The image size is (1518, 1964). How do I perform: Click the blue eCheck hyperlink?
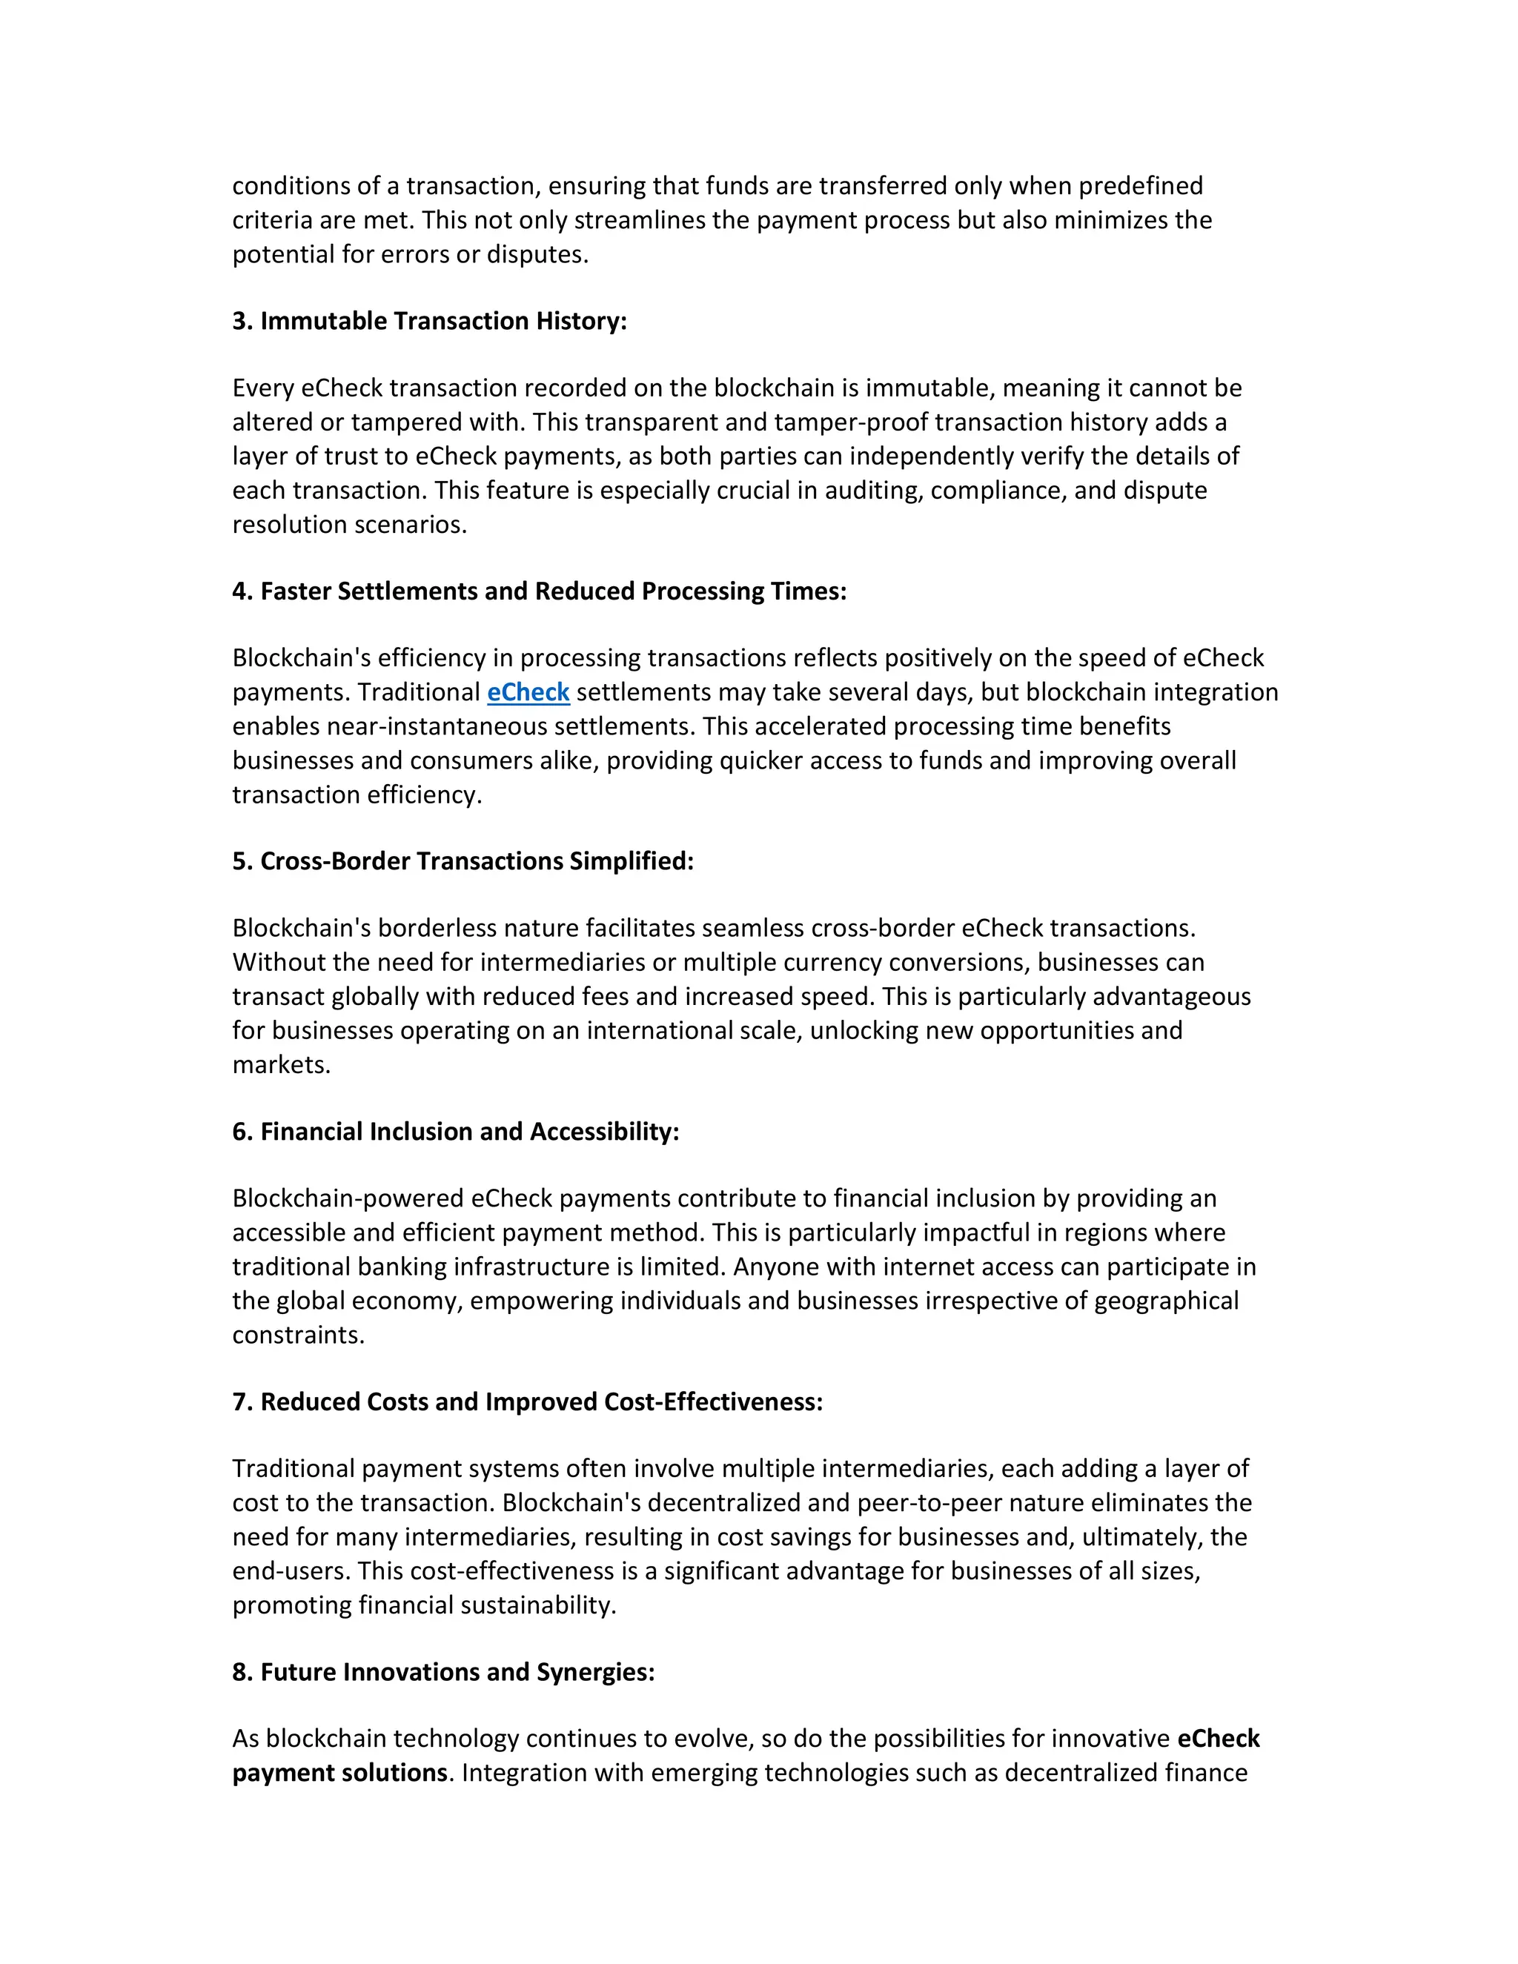[x=528, y=692]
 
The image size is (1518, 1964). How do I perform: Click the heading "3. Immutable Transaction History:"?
[x=429, y=321]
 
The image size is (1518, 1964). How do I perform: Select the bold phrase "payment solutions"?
[x=340, y=1773]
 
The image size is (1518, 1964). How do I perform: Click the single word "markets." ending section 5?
[x=282, y=1065]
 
